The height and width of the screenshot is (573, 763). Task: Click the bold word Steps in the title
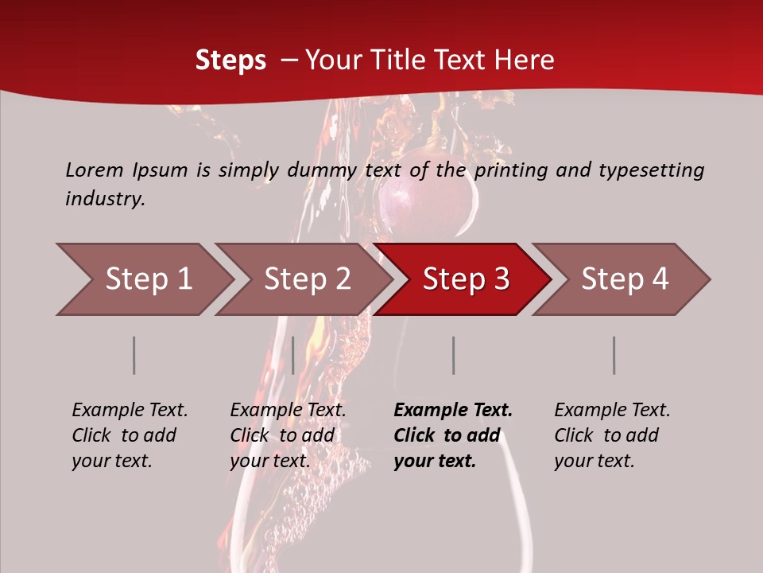(230, 60)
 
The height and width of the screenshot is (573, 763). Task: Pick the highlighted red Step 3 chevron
(466, 279)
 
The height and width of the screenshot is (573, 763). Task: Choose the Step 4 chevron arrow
(625, 279)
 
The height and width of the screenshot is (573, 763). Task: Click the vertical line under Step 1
(134, 355)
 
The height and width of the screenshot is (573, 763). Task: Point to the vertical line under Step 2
(293, 355)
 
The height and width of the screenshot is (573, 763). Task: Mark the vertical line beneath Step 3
(453, 355)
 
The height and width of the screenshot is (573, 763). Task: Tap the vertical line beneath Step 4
(614, 355)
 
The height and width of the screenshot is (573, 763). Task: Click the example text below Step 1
(130, 435)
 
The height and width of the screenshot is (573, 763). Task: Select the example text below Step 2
(288, 435)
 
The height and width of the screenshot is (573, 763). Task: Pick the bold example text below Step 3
(453, 435)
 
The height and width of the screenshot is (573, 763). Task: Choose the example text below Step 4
(612, 435)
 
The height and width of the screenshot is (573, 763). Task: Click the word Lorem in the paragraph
(95, 170)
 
